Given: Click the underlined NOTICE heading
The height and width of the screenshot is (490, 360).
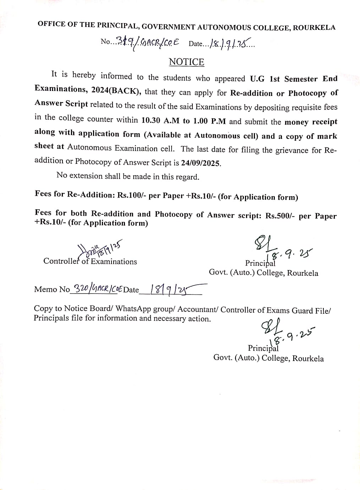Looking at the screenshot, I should [x=186, y=62].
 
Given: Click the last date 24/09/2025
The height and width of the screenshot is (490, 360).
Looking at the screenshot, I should [x=201, y=163].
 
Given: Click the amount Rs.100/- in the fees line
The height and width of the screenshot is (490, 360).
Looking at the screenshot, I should [x=130, y=195].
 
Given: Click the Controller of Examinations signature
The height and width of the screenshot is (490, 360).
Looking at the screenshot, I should [x=99, y=249].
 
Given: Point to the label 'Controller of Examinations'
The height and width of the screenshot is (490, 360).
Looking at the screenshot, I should [x=90, y=261].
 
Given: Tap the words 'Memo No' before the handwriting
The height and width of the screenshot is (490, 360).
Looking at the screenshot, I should [x=52, y=289].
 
